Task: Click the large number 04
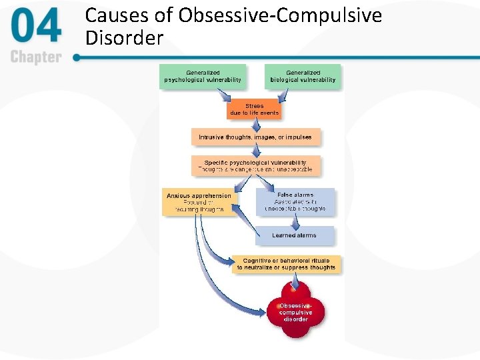[x=36, y=27]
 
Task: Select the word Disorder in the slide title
[x=125, y=38]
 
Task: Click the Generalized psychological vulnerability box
[x=203, y=76]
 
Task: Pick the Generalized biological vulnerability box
[x=303, y=76]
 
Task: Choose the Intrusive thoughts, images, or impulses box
[x=255, y=137]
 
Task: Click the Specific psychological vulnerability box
[x=255, y=166]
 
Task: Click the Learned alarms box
[x=295, y=235]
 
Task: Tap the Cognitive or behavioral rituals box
[x=286, y=264]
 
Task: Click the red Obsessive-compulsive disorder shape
[x=294, y=310]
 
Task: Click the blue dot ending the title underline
[x=76, y=58]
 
